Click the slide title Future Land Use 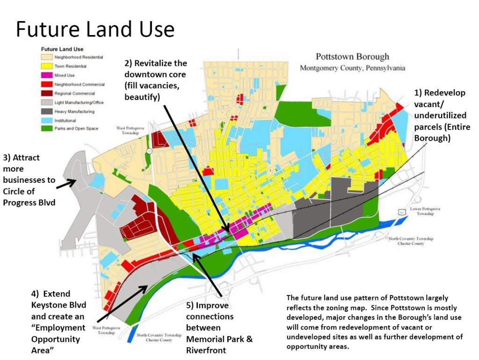coord(95,29)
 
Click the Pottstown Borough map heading coord(352,57)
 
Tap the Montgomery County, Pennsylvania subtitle coord(352,68)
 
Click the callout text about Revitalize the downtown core coord(155,80)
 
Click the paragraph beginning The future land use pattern coord(374,323)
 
